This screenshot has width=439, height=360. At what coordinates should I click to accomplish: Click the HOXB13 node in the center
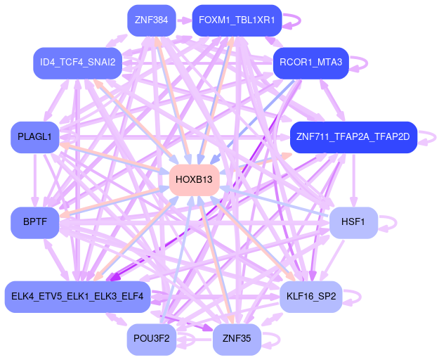tap(194, 180)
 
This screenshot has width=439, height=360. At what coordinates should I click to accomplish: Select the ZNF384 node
tap(151, 20)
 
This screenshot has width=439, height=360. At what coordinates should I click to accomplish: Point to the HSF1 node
tap(353, 223)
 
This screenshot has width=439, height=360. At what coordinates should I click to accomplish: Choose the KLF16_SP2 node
tap(310, 297)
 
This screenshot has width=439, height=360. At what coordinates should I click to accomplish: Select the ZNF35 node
tap(237, 340)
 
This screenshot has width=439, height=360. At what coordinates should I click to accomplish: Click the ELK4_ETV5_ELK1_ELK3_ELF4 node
tap(77, 297)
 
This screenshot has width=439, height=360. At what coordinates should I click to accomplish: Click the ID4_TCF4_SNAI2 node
tap(77, 63)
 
